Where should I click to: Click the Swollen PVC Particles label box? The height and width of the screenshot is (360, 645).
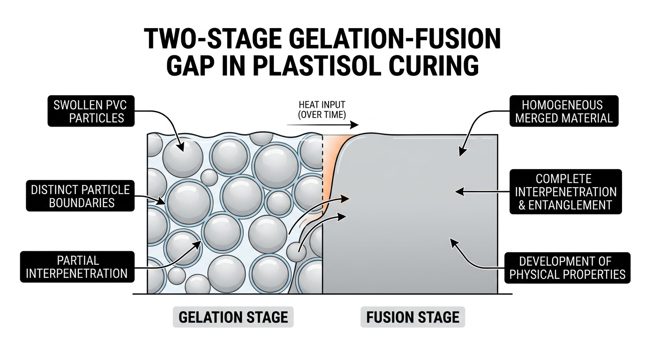[x=91, y=111]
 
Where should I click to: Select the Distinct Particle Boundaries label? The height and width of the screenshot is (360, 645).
[x=80, y=196]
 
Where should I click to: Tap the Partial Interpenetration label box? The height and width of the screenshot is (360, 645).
[x=77, y=267]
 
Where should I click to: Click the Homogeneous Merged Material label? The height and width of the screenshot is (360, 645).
[x=564, y=111]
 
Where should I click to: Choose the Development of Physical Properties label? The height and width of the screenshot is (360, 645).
[x=567, y=267]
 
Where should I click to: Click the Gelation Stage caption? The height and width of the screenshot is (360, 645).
[x=233, y=317]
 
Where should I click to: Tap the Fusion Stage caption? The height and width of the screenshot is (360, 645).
[x=412, y=317]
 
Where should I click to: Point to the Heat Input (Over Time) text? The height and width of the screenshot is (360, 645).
[x=322, y=109]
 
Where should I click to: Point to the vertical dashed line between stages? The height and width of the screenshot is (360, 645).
[x=323, y=178]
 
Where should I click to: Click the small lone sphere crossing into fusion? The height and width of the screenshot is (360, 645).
[x=296, y=253]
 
